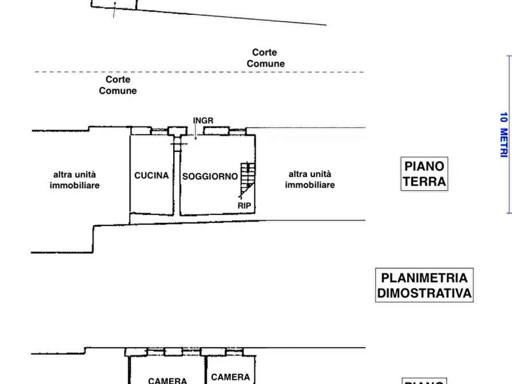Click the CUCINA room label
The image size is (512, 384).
(x=151, y=176)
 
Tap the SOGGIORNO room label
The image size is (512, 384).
(x=210, y=177)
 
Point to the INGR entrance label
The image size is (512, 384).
(x=203, y=120)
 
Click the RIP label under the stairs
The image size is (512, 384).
(x=244, y=206)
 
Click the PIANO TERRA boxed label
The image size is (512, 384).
(x=424, y=174)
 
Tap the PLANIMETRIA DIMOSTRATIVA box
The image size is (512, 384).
(x=424, y=285)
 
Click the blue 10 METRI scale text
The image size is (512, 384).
(x=504, y=135)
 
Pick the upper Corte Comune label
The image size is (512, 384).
(x=265, y=58)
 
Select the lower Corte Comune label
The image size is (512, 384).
(x=118, y=85)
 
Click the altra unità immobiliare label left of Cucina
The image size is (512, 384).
(x=75, y=180)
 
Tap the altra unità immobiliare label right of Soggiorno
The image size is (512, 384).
(x=310, y=179)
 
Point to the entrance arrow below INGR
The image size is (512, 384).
(x=196, y=132)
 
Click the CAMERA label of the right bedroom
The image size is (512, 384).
(x=230, y=377)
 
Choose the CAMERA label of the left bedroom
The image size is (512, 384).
(x=167, y=381)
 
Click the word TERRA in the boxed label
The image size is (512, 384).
(x=424, y=182)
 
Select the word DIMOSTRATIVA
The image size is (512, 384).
(x=424, y=293)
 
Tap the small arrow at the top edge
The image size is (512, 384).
(x=114, y=10)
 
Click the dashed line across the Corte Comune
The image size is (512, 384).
(x=200, y=72)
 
